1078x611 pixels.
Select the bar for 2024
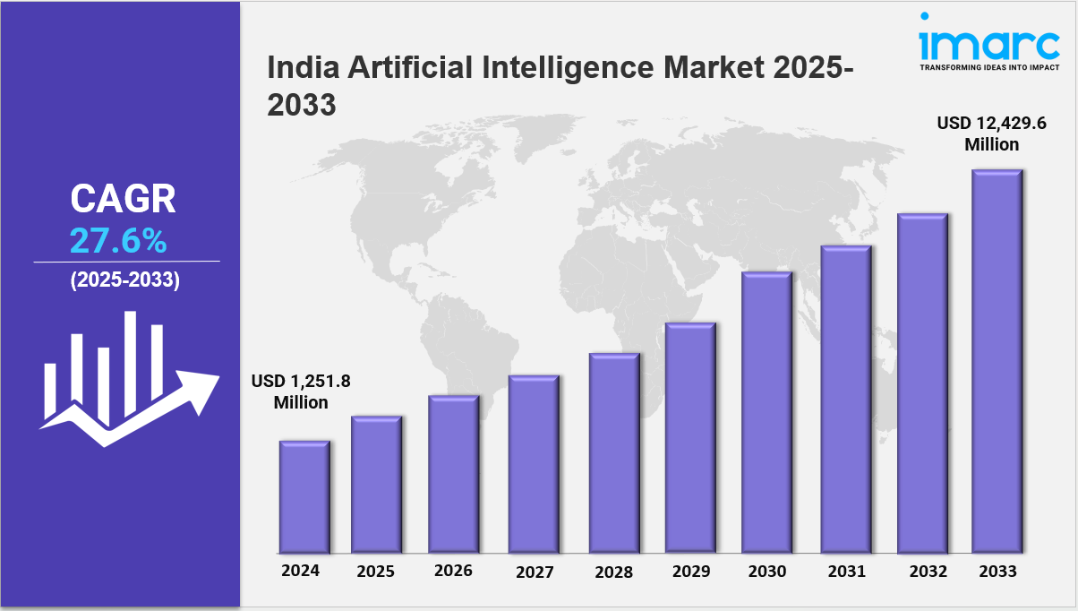(x=304, y=496)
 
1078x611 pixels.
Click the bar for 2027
(x=534, y=464)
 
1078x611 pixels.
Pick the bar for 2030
(x=766, y=412)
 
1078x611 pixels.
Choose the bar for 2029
(x=689, y=437)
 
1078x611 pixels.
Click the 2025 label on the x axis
(x=376, y=571)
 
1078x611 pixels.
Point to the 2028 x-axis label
(x=614, y=572)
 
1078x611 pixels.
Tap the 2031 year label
(x=846, y=571)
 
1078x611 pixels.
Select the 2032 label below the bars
(x=923, y=571)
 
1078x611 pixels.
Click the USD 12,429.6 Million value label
(x=991, y=133)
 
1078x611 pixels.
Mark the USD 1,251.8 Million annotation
(x=301, y=392)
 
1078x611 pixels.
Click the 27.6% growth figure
(x=118, y=240)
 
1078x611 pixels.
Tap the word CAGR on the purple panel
(x=124, y=199)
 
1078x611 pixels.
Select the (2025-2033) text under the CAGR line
(x=125, y=280)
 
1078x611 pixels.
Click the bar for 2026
(x=453, y=474)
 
